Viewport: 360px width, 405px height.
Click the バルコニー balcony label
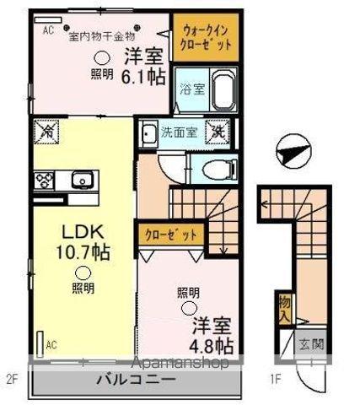(136, 381)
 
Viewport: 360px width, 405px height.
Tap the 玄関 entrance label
(311, 346)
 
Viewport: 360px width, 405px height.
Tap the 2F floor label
(12, 379)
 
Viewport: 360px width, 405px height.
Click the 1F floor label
(275, 379)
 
